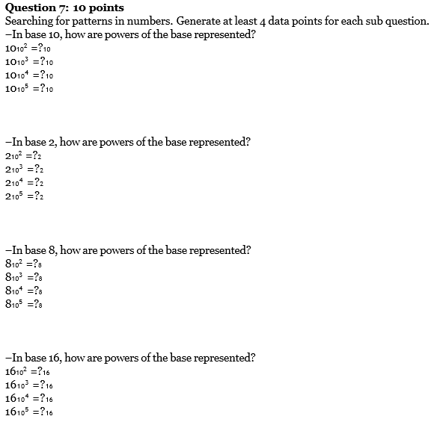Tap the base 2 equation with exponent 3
pyautogui.click(x=24, y=170)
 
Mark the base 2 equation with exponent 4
pyautogui.click(x=24, y=183)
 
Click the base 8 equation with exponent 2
pyautogui.click(x=24, y=264)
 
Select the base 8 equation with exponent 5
pyautogui.click(x=24, y=304)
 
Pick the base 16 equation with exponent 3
pyautogui.click(x=28, y=385)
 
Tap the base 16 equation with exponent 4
pyautogui.click(x=28, y=398)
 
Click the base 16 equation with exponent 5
pyautogui.click(x=28, y=412)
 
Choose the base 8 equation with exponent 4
pyautogui.click(x=24, y=291)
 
